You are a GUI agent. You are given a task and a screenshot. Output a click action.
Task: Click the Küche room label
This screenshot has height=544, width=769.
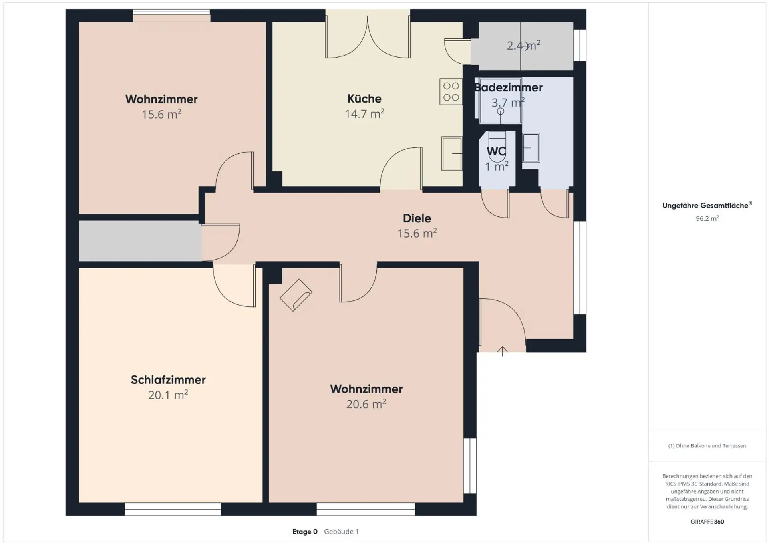[x=364, y=99]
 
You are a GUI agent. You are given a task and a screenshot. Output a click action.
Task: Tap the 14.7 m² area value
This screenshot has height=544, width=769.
[x=364, y=114]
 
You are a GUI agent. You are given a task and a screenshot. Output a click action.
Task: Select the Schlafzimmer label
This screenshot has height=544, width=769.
[x=168, y=380]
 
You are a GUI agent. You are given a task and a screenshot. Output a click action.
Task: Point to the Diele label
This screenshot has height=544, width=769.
[x=417, y=218]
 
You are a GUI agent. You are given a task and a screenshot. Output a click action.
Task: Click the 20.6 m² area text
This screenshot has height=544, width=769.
[x=366, y=404]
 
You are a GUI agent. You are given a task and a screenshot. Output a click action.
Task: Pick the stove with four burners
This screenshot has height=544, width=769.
[x=451, y=92]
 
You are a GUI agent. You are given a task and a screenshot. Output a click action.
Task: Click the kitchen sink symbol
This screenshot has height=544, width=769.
[x=452, y=154]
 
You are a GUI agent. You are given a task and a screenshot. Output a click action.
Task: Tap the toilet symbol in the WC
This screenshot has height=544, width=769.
[x=497, y=147]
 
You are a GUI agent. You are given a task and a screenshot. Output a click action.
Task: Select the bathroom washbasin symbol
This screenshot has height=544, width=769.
[x=531, y=148]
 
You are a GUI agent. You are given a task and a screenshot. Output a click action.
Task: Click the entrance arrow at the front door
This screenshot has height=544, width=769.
[x=502, y=351]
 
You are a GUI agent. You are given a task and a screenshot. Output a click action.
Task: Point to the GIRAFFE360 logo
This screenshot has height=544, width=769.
[x=707, y=522]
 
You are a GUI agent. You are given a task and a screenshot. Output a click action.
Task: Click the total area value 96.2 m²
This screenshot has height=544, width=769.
[x=707, y=218]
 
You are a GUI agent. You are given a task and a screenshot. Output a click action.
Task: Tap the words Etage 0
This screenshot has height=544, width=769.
[x=305, y=532]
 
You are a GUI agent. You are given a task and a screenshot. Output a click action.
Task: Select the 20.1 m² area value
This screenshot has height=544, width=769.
[x=168, y=395]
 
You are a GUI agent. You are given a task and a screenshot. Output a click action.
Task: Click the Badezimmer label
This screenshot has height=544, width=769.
[x=509, y=87]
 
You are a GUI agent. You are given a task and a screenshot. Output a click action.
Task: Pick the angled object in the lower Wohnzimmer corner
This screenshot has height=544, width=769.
[x=296, y=295]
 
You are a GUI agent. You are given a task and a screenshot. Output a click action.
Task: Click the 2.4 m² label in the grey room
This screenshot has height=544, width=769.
[x=523, y=46]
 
